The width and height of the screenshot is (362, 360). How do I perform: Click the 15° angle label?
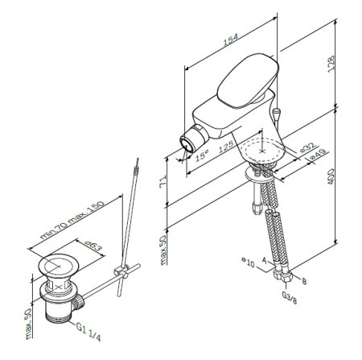point(204,152)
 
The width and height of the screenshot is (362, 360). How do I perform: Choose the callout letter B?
point(303,282)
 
